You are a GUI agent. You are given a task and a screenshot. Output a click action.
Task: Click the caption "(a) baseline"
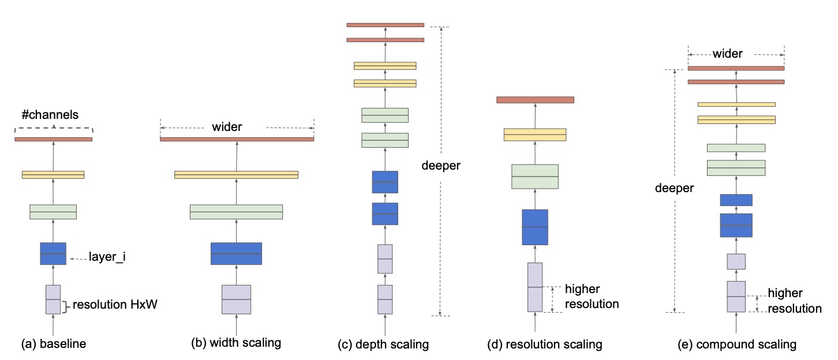pos(53,344)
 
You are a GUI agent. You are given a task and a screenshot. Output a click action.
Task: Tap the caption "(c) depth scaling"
pos(383,345)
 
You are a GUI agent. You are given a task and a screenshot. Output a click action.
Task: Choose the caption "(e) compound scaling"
pos(738,345)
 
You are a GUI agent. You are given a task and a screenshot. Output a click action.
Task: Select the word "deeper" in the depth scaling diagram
pos(442,166)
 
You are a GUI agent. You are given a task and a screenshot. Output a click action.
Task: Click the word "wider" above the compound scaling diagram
pos(727,54)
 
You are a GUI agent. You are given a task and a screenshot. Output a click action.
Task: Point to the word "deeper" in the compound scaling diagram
pos(674,189)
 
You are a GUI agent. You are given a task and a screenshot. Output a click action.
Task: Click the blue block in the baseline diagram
pos(53,253)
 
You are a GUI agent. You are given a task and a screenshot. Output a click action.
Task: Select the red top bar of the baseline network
pos(53,139)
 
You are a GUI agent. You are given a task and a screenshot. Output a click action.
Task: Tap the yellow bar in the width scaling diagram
pos(236,174)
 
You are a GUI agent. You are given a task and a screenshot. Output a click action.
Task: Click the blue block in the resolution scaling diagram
pos(534,227)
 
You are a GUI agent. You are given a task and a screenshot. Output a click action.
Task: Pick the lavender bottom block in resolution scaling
pos(534,287)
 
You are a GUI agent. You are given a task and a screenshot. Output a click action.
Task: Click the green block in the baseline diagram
pos(53,212)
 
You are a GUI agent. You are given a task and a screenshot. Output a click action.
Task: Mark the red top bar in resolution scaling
pos(534,100)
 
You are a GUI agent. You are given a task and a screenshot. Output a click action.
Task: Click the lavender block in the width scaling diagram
pos(236,299)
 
